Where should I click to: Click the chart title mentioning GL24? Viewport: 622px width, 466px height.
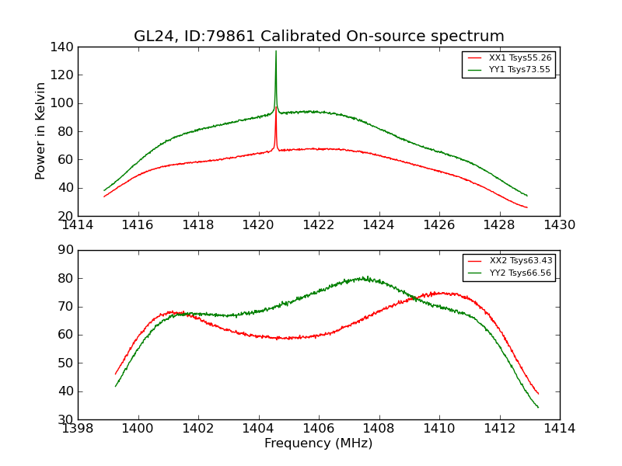(319, 37)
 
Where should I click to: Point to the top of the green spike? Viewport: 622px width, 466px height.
(275, 51)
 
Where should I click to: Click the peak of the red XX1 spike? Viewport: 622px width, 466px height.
(275, 107)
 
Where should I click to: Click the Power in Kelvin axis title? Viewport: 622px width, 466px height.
(40, 131)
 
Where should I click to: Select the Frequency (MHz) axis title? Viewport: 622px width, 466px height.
(319, 443)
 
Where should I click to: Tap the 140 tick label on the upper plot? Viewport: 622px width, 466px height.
(64, 47)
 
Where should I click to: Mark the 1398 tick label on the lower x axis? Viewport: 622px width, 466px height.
(78, 429)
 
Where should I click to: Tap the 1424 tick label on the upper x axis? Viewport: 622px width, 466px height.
(379, 225)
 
